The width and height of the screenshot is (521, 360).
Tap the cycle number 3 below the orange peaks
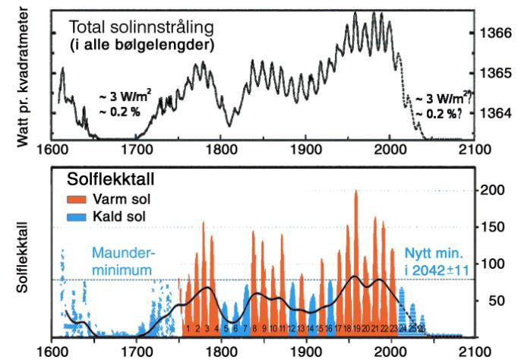click(207, 329)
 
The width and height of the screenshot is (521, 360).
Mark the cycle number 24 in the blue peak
click(403, 328)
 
